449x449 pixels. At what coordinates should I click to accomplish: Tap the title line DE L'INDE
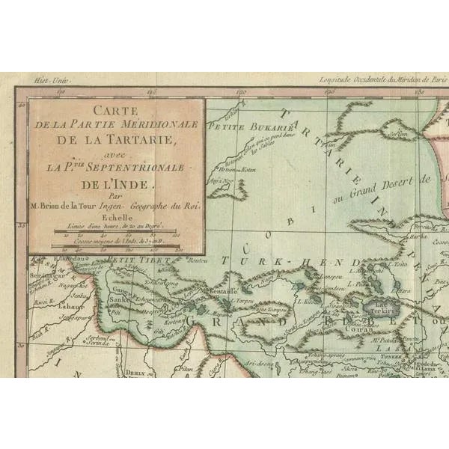[x=114, y=180]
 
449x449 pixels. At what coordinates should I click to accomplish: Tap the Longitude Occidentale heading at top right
[x=382, y=78]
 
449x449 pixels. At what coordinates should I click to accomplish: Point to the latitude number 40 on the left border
[x=23, y=104]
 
